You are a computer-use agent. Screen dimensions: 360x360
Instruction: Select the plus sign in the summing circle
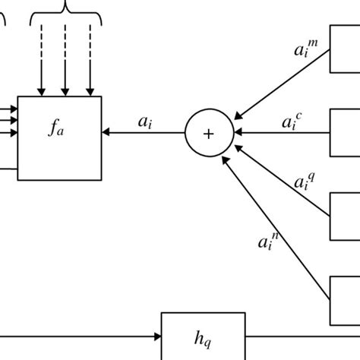coord(208,133)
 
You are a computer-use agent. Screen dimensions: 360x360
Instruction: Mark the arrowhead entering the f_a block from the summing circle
coord(106,133)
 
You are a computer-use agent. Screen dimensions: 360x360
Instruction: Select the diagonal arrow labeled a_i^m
coord(281,84)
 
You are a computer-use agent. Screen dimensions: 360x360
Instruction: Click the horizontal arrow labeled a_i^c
coord(281,133)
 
